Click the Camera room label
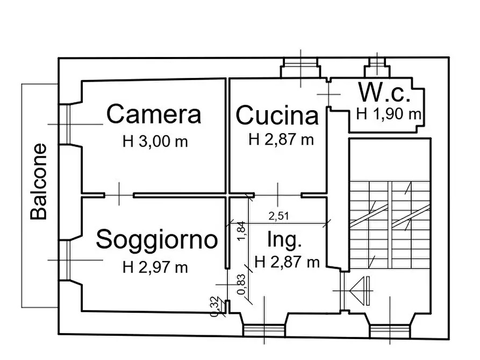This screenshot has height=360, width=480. [x=154, y=114]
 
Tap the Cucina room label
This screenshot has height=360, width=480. [x=277, y=116]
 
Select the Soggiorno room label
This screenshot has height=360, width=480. [x=157, y=240]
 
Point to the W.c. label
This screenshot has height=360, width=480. [x=384, y=92]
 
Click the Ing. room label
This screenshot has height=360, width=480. [x=284, y=240]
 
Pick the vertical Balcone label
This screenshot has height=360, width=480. [x=39, y=182]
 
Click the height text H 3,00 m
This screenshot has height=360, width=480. [x=155, y=142]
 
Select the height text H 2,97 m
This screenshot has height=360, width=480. [x=155, y=267]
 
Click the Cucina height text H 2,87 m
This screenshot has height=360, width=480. [x=281, y=140]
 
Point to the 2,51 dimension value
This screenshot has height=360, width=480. [x=279, y=216]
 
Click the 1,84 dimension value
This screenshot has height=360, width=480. [x=241, y=231]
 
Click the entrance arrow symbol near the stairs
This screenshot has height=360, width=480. [x=361, y=291]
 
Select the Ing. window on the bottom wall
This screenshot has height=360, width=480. [x=263, y=329]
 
